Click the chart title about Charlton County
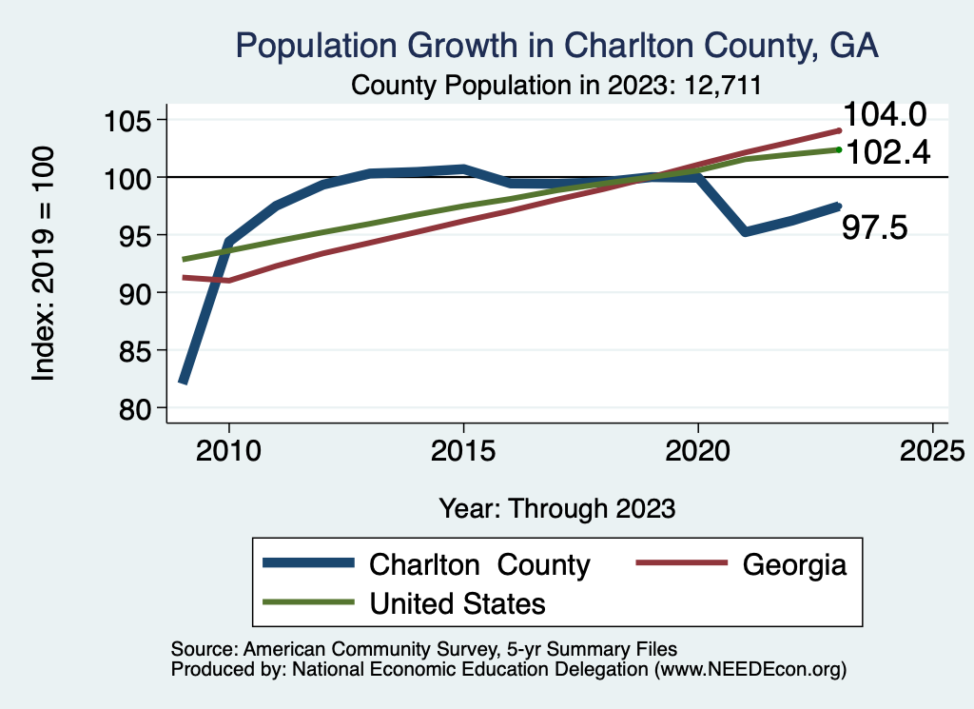coord(556,46)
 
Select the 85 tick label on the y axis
coord(135,350)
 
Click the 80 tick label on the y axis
coord(135,408)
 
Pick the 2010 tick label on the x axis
coord(229,450)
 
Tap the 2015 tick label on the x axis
coord(463,450)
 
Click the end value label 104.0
coord(885,116)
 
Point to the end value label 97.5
coord(875,228)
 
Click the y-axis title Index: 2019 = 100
coord(44,264)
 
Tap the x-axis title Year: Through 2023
coord(556,507)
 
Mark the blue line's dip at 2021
coord(745,231)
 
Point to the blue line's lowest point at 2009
coord(183,381)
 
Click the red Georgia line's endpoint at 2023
coord(838,130)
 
